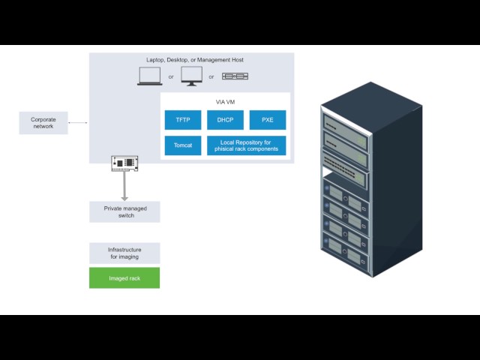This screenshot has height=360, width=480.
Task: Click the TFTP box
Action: tap(183, 120)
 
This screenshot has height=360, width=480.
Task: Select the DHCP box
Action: tap(226, 120)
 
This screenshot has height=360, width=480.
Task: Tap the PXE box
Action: tap(268, 120)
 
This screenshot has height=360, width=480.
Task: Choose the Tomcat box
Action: tap(183, 145)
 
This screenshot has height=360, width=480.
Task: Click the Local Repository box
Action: tap(247, 145)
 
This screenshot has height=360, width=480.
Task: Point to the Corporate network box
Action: tap(43, 123)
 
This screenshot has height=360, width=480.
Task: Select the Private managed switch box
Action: tap(124, 211)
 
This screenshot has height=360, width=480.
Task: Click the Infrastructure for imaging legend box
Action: tap(124, 253)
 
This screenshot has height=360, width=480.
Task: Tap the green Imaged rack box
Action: tap(124, 277)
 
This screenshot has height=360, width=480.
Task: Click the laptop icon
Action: tap(150, 76)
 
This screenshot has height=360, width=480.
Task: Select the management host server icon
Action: tap(235, 76)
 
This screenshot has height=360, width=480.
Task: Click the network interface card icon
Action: tap(124, 163)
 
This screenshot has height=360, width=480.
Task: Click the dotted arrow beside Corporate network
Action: tap(78, 123)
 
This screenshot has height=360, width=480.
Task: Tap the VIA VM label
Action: tap(226, 101)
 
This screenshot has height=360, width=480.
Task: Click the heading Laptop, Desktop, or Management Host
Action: tap(194, 60)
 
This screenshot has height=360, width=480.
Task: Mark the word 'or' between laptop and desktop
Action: tap(171, 76)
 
